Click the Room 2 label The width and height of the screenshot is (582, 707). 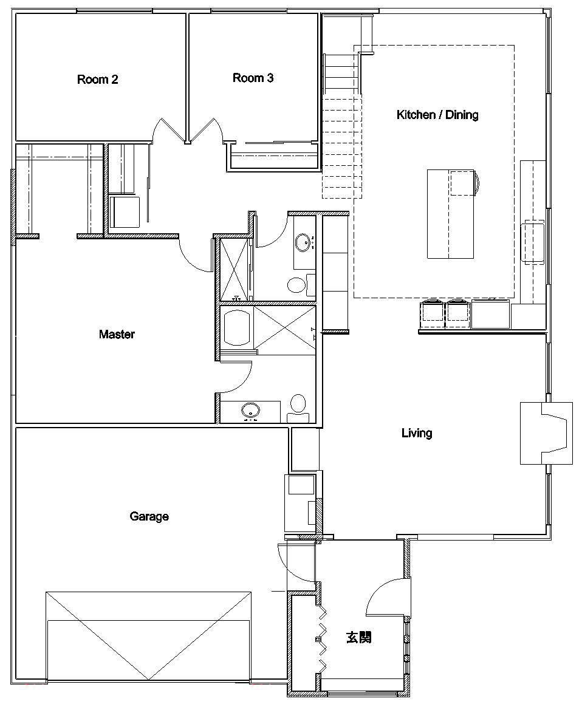pyautogui.click(x=97, y=80)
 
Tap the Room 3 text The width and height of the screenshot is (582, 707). pyautogui.click(x=253, y=78)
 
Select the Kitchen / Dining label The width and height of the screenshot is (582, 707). pyautogui.click(x=437, y=115)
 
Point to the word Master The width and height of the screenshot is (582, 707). pyautogui.click(x=117, y=334)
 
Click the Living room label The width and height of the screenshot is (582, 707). pyautogui.click(x=417, y=433)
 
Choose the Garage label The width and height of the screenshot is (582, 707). pyautogui.click(x=149, y=516)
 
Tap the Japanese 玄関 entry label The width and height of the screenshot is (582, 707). pyautogui.click(x=359, y=638)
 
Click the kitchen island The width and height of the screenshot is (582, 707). pyautogui.click(x=451, y=214)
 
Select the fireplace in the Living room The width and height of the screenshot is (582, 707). pyautogui.click(x=546, y=433)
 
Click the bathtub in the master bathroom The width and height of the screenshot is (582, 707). pyautogui.click(x=237, y=327)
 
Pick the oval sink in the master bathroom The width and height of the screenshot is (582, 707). pyautogui.click(x=250, y=411)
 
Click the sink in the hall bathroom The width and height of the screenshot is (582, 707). pyautogui.click(x=303, y=242)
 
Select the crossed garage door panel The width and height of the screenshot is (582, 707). pyautogui.click(x=149, y=636)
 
